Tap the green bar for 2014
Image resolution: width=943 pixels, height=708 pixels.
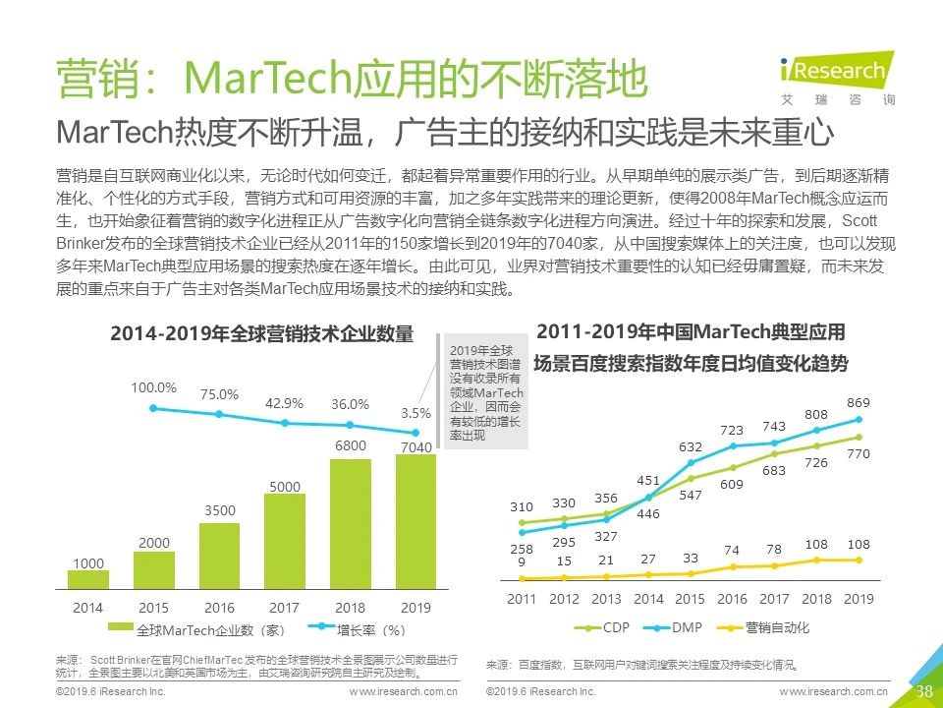[88, 579]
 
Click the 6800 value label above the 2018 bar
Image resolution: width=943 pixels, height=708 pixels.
[350, 446]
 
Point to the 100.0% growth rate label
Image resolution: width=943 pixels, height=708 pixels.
[153, 386]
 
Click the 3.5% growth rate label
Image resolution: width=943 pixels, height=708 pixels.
[416, 414]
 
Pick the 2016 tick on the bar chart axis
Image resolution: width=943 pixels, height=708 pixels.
[219, 609]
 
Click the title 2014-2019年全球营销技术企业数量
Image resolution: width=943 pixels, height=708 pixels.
[261, 333]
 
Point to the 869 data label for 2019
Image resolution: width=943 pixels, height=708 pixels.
[858, 403]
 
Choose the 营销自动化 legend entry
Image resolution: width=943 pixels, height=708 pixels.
[763, 627]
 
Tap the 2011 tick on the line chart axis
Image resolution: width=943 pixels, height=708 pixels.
[522, 599]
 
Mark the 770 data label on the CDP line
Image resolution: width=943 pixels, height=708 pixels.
[859, 454]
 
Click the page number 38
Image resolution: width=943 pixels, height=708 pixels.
[923, 690]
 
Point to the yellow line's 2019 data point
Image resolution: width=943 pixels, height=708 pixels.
[859, 560]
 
